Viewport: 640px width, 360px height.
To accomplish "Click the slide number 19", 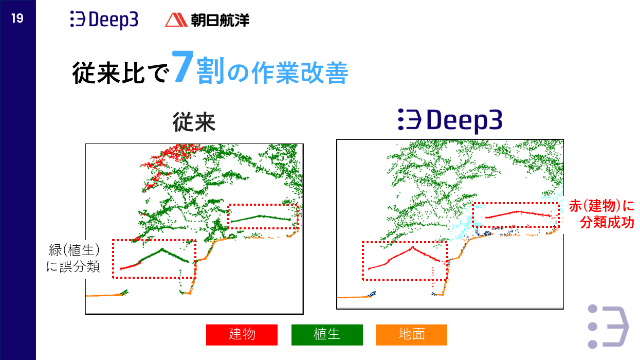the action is point(17,19).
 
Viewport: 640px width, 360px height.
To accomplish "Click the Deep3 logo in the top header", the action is point(104,20).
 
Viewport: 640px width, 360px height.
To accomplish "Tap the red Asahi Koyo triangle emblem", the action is point(176,20).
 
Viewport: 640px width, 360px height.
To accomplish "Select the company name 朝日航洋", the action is point(220,20).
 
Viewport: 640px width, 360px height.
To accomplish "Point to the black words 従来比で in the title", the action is point(121,73).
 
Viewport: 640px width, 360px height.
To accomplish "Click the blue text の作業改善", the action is point(288,73).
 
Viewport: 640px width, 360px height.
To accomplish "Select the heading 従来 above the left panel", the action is point(194,122).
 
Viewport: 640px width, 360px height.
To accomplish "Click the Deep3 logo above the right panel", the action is point(450,120).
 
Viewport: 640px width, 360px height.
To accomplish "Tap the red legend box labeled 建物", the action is point(242,335).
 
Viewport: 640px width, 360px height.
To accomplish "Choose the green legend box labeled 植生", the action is point(327,335).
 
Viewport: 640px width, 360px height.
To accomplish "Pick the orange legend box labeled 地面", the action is point(411,335).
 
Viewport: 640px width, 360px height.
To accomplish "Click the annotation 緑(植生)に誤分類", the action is point(73,258).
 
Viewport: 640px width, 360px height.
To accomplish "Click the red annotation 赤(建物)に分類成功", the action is point(601,214).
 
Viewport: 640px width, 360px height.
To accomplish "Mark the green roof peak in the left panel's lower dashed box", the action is point(162,249).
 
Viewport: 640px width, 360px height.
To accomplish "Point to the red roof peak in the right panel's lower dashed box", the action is point(413,247).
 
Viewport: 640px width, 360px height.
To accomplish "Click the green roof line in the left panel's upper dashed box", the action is point(261,216).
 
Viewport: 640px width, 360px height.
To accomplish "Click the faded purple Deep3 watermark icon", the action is point(608,327).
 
